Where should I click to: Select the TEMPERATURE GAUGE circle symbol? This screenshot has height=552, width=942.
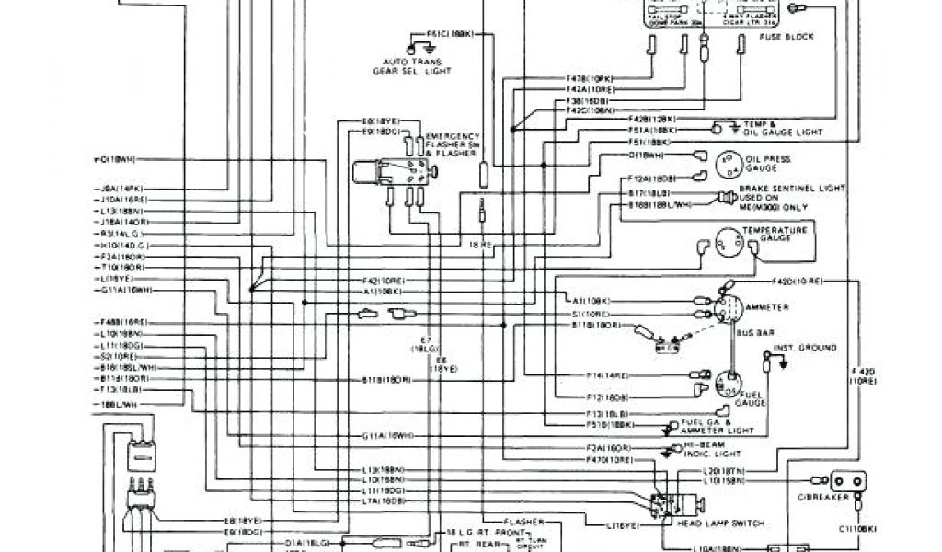pos(729,243)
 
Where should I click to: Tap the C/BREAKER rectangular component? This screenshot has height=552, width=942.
pos(847,481)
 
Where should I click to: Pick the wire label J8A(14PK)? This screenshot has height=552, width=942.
pos(120,189)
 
